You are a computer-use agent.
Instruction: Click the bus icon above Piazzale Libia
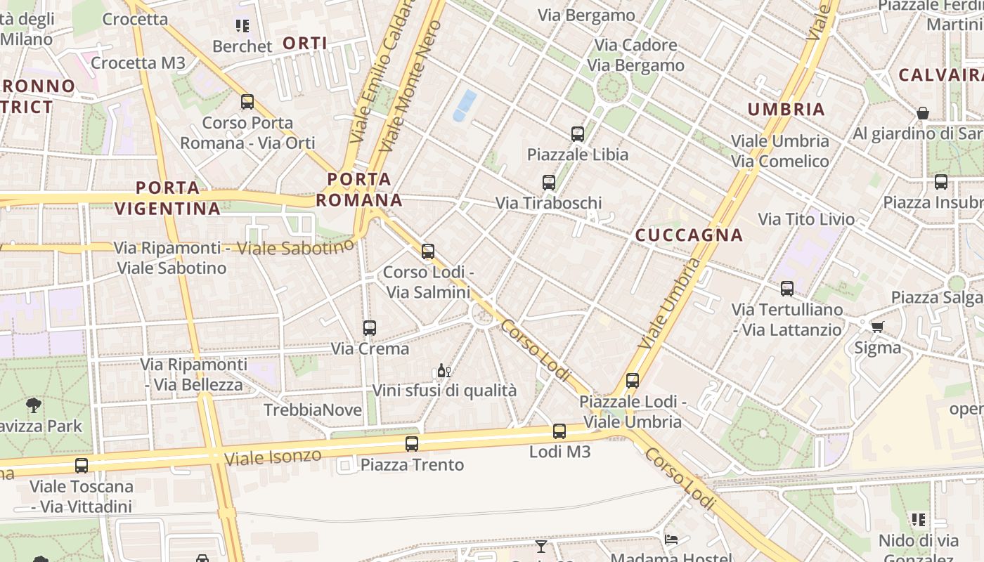coord(578,133)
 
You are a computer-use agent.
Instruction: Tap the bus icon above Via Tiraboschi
coord(549,183)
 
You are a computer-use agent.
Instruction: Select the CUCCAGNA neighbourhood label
coord(689,235)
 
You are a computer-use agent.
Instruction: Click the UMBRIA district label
coord(786,109)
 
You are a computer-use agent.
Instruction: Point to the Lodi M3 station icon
coord(559,431)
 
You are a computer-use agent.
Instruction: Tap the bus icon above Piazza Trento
coord(412,444)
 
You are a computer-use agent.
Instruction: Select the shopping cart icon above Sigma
coord(877,327)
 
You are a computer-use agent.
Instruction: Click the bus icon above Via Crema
coord(369,327)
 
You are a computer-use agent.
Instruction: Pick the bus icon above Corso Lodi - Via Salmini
coord(428,251)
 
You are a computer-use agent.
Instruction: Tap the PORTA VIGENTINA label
coord(167,198)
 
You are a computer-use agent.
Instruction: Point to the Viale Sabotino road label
coord(294,247)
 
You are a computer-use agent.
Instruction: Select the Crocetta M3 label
coord(138,63)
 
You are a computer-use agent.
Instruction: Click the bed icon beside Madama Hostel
coord(671,540)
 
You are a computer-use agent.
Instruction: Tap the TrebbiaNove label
coord(313,410)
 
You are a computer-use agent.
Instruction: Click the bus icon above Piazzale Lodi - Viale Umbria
coord(633,381)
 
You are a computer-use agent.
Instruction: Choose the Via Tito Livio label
coord(806,219)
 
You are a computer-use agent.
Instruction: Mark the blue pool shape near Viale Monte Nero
coord(465,105)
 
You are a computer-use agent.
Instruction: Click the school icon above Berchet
coord(242,27)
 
